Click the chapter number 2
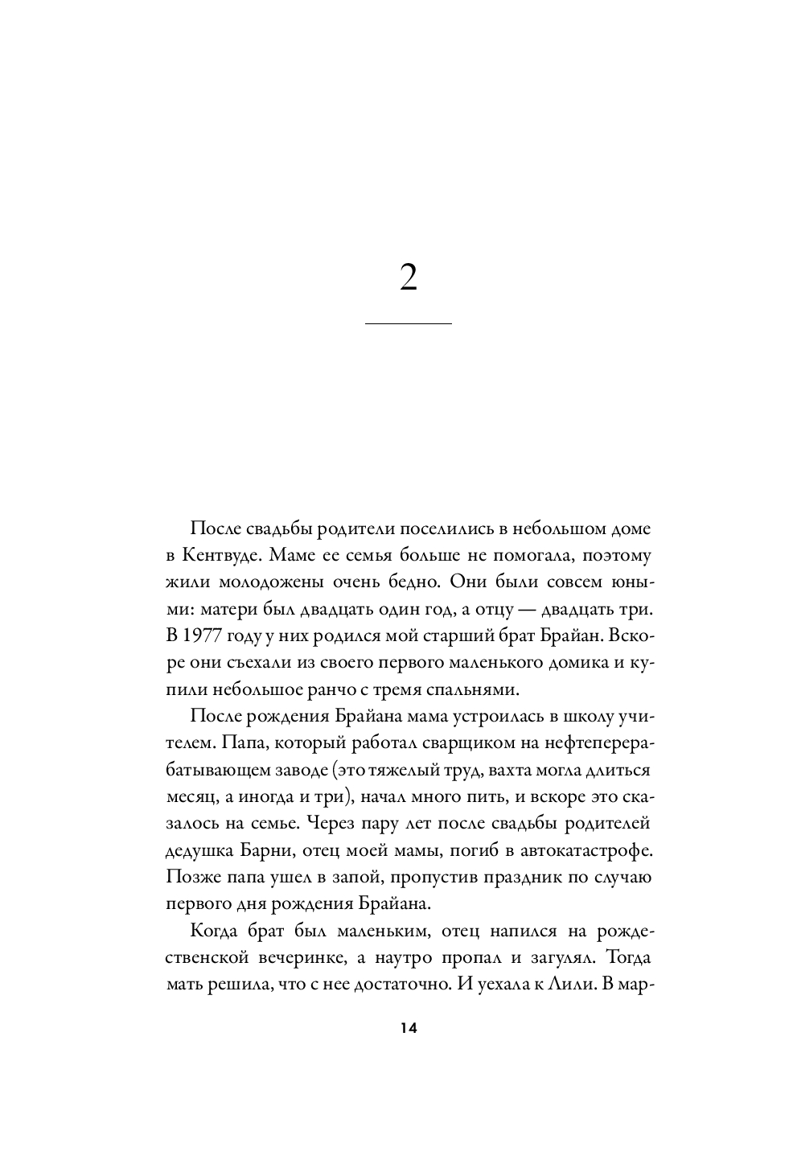[x=408, y=278]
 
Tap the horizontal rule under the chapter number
[x=408, y=323]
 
